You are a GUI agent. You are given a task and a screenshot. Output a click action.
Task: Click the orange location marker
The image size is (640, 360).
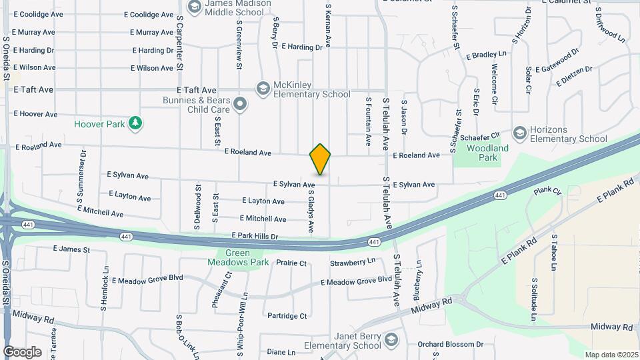[x=320, y=159]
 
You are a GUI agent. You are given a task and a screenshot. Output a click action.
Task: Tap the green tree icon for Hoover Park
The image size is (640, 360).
[x=135, y=123]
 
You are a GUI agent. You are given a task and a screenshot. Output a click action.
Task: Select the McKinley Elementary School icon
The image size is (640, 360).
[x=263, y=88]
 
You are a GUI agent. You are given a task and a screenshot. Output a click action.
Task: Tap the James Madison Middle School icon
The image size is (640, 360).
[x=195, y=7]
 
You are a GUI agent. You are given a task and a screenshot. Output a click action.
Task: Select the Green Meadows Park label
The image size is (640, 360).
[x=238, y=257]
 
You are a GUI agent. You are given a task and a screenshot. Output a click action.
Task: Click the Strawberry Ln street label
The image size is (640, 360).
[x=353, y=263]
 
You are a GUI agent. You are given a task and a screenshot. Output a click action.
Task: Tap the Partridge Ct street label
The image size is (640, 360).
[x=287, y=316]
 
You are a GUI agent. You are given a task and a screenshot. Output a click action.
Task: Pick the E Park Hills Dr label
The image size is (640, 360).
[x=255, y=236]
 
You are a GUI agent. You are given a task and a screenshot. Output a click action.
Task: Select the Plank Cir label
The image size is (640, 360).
[x=547, y=191]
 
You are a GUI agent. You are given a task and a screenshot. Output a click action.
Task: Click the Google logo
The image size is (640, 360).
[x=23, y=351]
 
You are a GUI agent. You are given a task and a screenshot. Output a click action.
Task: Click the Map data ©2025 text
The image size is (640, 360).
[x=611, y=355]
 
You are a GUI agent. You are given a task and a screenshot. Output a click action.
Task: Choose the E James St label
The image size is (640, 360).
[x=71, y=249]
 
